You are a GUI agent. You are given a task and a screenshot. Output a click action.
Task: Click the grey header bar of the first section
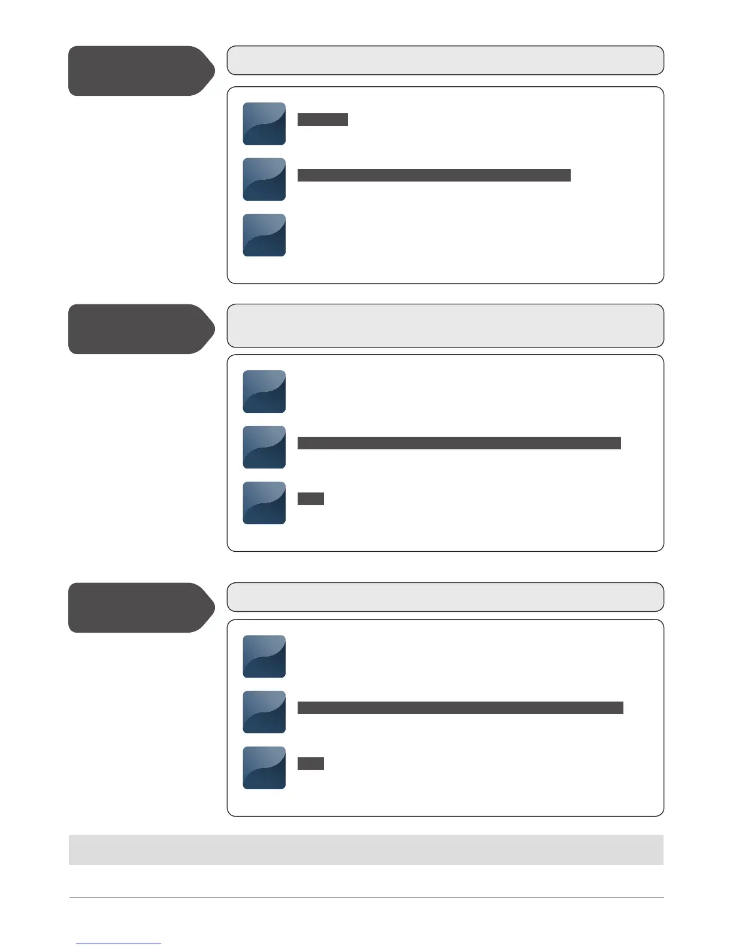tap(445, 61)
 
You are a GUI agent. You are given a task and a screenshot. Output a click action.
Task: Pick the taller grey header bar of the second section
tap(445, 326)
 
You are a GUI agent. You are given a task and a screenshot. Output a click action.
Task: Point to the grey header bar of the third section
tap(445, 597)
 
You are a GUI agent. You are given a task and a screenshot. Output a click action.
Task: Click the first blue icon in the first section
tap(264, 123)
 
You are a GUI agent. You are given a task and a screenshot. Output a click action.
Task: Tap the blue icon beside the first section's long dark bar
tap(264, 179)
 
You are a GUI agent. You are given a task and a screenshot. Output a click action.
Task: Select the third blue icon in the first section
tap(264, 235)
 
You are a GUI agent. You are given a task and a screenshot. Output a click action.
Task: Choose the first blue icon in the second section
tap(264, 391)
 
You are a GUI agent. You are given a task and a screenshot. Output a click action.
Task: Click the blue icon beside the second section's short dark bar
tap(264, 503)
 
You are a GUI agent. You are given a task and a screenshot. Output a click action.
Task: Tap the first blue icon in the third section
tap(264, 656)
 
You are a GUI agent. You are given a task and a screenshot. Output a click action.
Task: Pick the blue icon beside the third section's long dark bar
tap(264, 712)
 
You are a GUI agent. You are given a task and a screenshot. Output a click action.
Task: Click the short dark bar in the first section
tap(322, 119)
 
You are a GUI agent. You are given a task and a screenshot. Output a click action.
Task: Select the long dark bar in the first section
tap(434, 175)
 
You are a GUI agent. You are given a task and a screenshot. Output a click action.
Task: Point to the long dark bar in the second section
tap(459, 443)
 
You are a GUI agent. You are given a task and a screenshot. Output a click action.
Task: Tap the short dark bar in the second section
tap(310, 498)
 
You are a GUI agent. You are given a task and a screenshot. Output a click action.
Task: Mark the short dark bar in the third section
tap(310, 763)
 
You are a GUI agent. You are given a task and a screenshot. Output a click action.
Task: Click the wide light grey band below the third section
tap(366, 850)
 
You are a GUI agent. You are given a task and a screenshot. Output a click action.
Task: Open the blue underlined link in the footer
tap(119, 943)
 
